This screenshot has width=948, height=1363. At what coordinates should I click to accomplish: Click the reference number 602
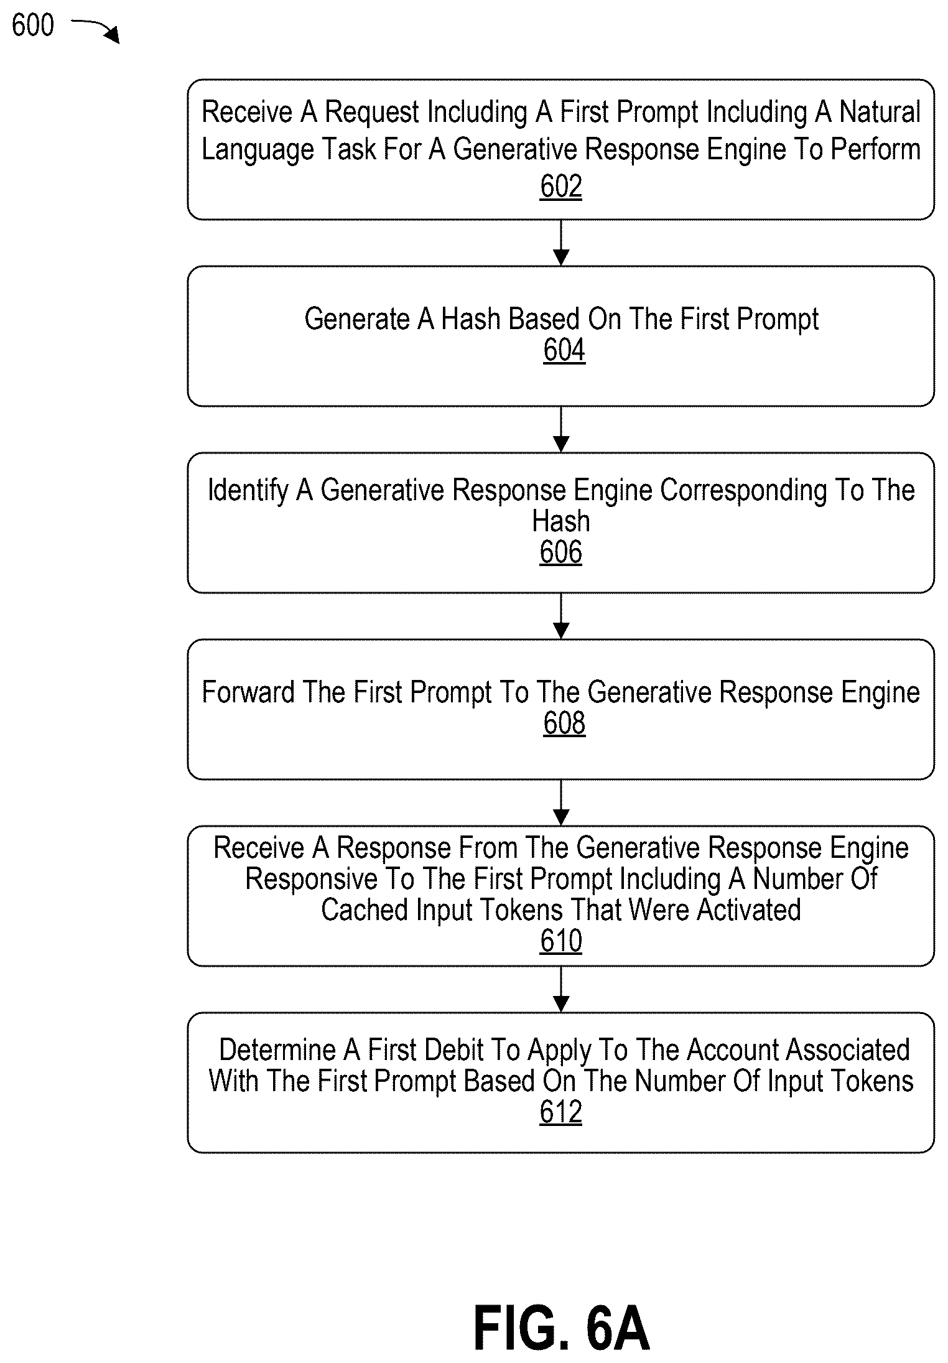click(x=561, y=187)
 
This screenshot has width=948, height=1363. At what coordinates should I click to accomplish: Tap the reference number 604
click(x=564, y=350)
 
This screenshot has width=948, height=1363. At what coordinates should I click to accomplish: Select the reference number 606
click(x=561, y=552)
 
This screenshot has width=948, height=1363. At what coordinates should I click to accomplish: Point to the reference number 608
click(x=564, y=723)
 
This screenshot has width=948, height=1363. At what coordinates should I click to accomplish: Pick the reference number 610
click(x=561, y=941)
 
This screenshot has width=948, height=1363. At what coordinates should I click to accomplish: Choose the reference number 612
click(x=561, y=1112)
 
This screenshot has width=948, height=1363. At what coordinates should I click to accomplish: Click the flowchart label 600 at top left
click(x=33, y=26)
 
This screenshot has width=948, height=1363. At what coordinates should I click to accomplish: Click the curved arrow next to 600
click(x=95, y=29)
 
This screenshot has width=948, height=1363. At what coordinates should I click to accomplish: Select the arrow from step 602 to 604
click(x=561, y=243)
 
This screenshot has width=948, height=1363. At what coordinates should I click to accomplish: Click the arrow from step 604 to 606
click(x=561, y=429)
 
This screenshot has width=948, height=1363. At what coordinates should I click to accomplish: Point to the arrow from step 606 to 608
click(x=561, y=616)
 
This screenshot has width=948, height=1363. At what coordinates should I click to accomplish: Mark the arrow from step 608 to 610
click(x=561, y=802)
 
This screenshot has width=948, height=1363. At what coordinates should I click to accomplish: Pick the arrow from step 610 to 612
click(x=561, y=989)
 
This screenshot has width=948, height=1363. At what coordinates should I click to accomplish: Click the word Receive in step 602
click(x=247, y=112)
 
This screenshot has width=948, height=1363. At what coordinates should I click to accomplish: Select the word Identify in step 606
click(x=248, y=491)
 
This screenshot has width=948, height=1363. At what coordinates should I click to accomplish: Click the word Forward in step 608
click(x=248, y=692)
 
